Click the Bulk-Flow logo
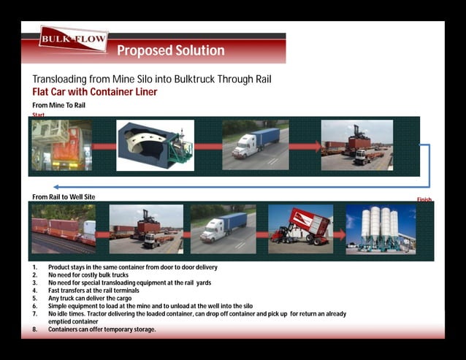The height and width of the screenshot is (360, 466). coord(74,39)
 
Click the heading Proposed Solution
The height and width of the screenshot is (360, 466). coord(171,50)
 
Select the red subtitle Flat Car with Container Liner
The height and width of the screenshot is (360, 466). coord(95,92)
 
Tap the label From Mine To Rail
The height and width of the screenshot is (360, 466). coord(58,106)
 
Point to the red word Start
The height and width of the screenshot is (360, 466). coord(39,115)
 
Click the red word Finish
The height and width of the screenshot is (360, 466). coord(424,199)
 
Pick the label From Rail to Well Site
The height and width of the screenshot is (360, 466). coord(64,197)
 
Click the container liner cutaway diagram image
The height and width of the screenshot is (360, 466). coord(155,146)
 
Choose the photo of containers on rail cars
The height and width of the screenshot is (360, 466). coord(64,229)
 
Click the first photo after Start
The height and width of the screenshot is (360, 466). coord(62,145)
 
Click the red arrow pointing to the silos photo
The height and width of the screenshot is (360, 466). coord(340,234)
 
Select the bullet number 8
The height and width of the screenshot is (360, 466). coord(34,329)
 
